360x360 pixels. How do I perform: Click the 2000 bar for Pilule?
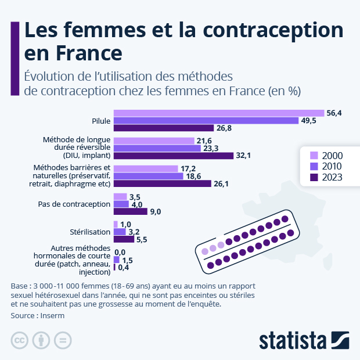tap(218, 113)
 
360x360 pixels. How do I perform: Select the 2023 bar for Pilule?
tap(163, 128)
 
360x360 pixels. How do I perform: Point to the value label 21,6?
tap(204, 141)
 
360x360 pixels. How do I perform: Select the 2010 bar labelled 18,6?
tap(148, 176)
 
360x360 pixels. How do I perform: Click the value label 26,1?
tap(222, 183)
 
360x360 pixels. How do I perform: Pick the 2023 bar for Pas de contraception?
tap(130, 211)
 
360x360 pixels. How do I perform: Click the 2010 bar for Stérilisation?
tap(119, 232)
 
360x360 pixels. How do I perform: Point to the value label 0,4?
tap(124, 268)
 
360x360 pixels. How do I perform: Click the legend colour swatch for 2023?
tap(314, 178)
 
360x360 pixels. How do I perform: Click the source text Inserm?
tap(52, 316)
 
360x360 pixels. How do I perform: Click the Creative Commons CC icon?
tap(20, 340)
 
